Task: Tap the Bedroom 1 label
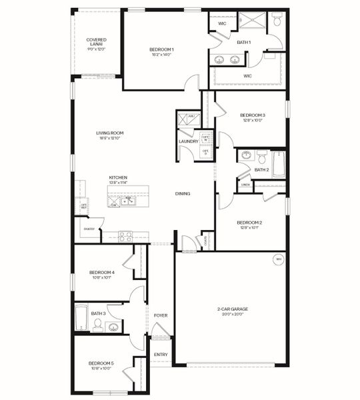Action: [161, 49]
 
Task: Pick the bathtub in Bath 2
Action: [278, 164]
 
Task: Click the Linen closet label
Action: [245, 184]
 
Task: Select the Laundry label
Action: [187, 141]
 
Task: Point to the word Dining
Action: [183, 193]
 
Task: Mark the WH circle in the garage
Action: [278, 259]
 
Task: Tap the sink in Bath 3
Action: [113, 327]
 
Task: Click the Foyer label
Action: [161, 315]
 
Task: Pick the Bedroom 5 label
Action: [101, 363]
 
